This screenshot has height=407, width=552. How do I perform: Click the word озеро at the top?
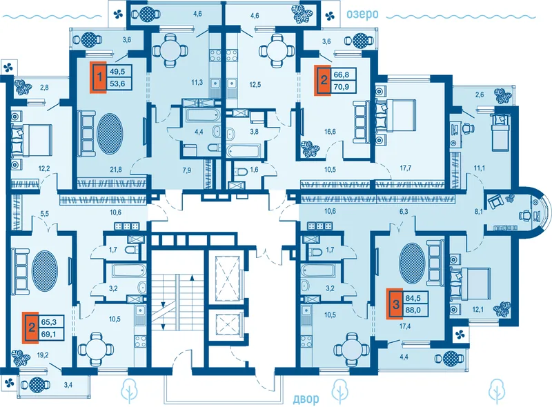362,14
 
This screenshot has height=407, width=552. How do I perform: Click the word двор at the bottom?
306,399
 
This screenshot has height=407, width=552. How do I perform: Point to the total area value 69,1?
49,334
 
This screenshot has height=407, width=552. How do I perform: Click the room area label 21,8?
115,169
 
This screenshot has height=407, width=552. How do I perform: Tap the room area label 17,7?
406,168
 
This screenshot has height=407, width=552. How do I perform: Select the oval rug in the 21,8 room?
110,133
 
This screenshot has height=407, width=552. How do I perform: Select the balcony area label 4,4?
404,357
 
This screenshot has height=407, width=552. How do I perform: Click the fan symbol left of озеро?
330,15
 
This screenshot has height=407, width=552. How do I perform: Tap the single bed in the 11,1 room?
500,131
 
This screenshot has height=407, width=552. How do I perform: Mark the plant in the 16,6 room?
310,150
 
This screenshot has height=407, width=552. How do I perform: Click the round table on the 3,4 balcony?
36,385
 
